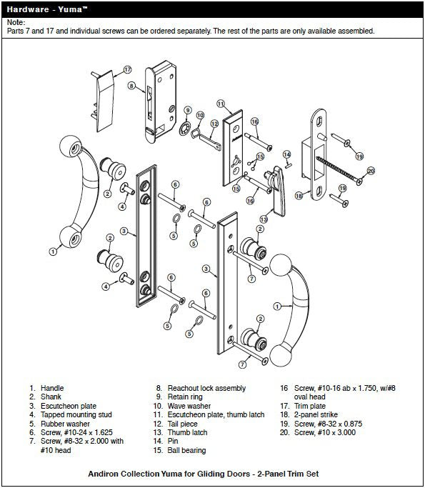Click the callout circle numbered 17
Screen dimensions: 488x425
click(x=128, y=69)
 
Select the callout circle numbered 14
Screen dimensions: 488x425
click(x=286, y=154)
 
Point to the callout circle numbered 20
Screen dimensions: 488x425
click(x=371, y=171)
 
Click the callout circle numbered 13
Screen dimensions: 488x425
click(x=264, y=219)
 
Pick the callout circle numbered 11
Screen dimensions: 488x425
click(x=221, y=104)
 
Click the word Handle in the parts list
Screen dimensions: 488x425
click(x=52, y=388)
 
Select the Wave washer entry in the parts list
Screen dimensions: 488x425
click(x=188, y=405)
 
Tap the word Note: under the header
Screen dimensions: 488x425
click(x=16, y=23)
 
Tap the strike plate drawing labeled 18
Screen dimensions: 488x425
click(x=319, y=150)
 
